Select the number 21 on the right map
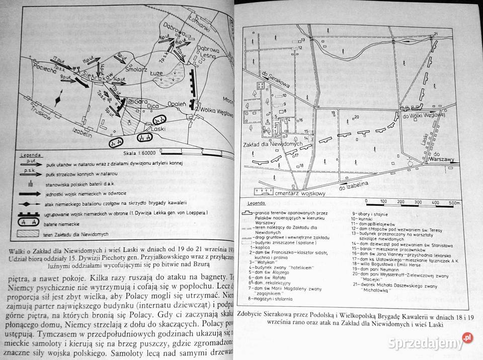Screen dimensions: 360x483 coord(436,34)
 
